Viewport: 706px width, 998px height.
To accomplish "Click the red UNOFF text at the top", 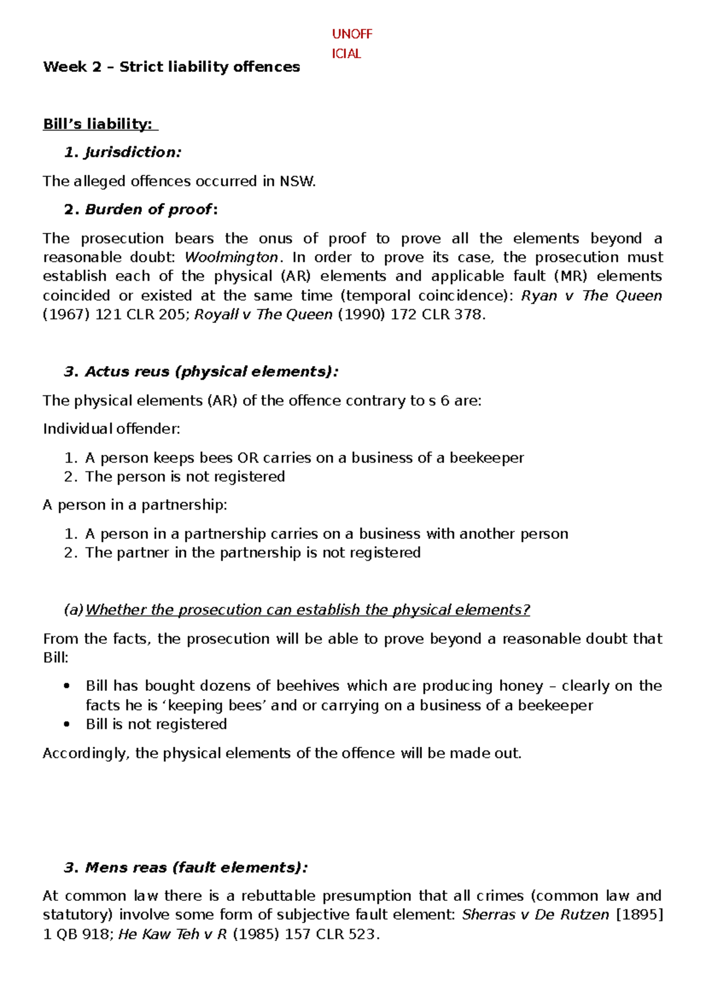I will (352, 34).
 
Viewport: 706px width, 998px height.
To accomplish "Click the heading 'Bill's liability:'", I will (98, 124).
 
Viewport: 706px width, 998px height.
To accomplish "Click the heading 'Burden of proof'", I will (148, 209).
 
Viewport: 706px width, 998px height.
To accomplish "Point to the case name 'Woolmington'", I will (231, 257).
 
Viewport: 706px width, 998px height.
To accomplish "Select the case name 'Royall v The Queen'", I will (263, 315).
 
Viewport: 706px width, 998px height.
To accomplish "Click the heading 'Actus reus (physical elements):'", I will (211, 372).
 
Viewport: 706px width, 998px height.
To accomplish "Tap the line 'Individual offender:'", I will (112, 429).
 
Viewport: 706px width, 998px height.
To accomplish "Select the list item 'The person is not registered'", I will (185, 477).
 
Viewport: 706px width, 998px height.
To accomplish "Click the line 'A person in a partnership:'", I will (135, 505).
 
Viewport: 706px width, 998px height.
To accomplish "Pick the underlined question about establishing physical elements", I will (308, 610).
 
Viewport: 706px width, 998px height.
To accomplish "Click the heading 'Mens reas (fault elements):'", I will (196, 867).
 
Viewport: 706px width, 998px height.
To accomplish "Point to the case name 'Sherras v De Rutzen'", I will (535, 915).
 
